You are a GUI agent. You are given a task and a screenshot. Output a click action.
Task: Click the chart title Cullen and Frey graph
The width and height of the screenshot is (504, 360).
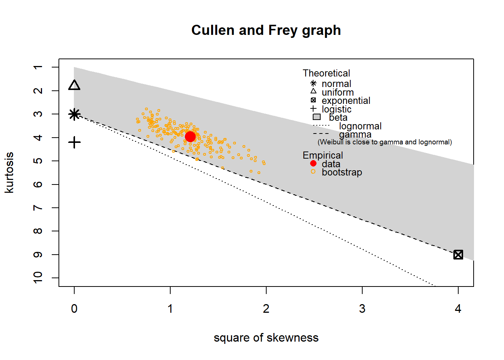(266, 30)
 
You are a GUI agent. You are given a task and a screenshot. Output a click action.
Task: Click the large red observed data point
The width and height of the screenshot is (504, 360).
(190, 136)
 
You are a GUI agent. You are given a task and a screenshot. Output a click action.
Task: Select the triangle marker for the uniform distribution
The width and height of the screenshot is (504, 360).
(74, 85)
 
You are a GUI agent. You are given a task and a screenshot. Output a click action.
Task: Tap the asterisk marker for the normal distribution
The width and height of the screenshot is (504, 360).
(74, 114)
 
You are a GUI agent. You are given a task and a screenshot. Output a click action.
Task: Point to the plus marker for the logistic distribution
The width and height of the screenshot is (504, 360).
(74, 142)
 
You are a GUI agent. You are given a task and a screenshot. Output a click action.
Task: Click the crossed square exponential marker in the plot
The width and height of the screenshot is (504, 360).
(458, 255)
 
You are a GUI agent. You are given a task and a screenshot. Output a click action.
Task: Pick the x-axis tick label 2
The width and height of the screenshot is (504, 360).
(266, 309)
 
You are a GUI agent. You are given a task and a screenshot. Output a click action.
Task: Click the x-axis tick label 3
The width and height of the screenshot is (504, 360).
(362, 309)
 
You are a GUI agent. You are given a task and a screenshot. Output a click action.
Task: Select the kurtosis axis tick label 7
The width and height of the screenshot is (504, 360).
(38, 208)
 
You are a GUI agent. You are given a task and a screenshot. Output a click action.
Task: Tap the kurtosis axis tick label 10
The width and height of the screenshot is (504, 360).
(38, 277)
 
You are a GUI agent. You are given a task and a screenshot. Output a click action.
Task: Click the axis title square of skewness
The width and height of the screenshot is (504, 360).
(266, 337)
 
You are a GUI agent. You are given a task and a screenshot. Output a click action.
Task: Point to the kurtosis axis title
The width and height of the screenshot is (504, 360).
(9, 172)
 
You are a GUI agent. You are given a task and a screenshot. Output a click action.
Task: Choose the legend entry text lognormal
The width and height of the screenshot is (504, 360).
(360, 126)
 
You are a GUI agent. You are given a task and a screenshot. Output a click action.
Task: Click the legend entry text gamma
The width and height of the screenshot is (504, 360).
(355, 134)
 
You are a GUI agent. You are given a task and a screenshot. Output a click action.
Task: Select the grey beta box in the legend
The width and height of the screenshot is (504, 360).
(316, 117)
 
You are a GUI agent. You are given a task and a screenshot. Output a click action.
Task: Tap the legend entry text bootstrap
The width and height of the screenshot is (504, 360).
(342, 172)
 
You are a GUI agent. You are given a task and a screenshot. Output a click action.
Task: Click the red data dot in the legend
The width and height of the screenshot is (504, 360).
(313, 163)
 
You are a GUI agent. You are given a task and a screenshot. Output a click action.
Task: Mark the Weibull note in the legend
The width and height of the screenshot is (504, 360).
(385, 142)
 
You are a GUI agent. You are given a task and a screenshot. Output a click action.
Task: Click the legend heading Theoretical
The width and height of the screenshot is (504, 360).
(326, 73)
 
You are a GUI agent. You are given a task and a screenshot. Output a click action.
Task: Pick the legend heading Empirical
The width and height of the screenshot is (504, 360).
(322, 155)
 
